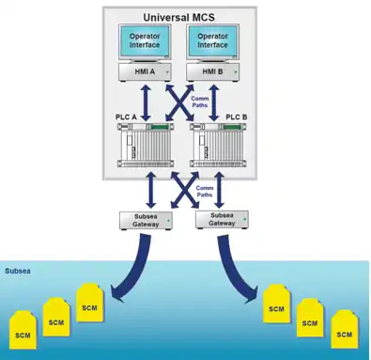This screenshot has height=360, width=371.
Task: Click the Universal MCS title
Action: pos(179,17)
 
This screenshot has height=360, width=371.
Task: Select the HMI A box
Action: pos(145,72)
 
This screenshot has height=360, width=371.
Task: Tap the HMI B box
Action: pos(213,72)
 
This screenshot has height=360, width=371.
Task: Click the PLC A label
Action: pos(126,117)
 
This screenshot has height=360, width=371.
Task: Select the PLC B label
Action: pos(237,117)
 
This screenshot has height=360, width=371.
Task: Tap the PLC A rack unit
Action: pos(146,145)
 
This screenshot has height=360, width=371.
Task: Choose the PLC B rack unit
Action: pos(218,145)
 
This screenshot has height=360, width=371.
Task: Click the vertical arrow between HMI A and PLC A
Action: pos(146,102)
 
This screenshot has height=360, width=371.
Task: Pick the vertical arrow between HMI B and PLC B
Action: pos(214,102)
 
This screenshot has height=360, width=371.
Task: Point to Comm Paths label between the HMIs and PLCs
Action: pos(199,102)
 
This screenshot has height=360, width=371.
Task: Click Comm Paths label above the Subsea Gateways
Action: pos(204,192)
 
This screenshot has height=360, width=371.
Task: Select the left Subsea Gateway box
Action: pos(146,221)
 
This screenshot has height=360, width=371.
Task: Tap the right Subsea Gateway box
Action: pos(222,220)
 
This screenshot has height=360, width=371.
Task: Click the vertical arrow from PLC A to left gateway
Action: pos(151,190)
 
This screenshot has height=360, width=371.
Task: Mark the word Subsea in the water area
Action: pos(18,271)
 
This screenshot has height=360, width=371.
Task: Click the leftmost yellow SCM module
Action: pos(23,330)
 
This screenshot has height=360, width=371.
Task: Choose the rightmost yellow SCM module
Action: pos(345,329)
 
